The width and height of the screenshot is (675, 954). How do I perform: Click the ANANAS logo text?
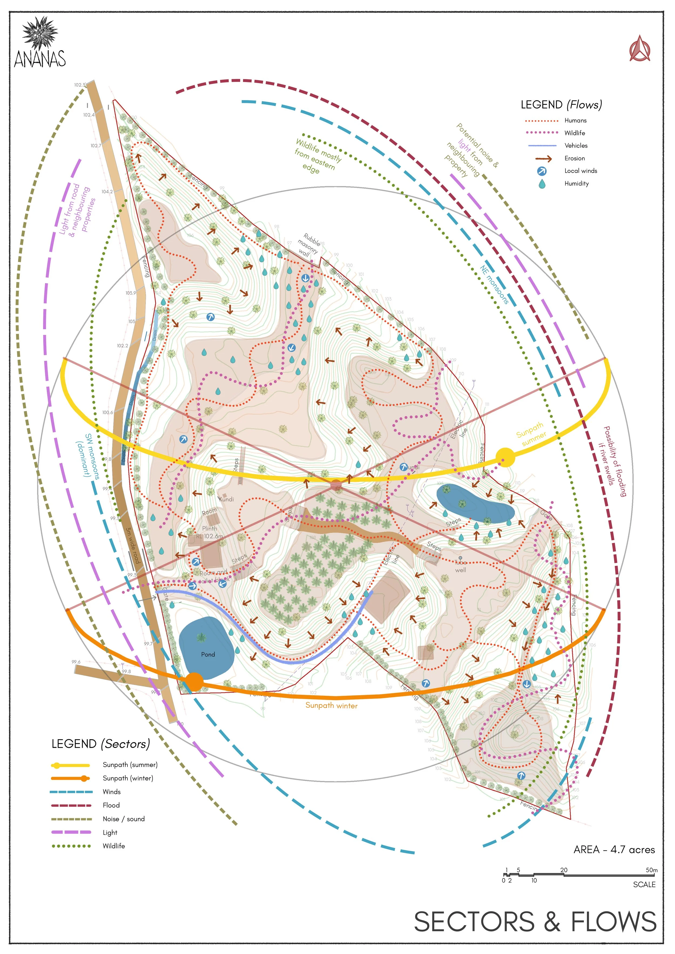click(x=40, y=58)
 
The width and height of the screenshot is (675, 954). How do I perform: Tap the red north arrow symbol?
click(x=640, y=49)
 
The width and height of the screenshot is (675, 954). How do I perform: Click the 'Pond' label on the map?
click(x=208, y=654)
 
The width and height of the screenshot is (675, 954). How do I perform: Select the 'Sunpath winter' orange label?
click(x=331, y=705)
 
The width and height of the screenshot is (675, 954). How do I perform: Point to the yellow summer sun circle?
click(x=505, y=457)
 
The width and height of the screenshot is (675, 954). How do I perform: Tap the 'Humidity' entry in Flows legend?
click(x=576, y=183)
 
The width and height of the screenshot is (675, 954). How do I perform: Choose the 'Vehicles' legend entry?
click(x=576, y=145)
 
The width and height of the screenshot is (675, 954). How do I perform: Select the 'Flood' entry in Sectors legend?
click(x=111, y=805)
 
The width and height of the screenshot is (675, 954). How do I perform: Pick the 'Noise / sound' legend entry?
click(x=123, y=819)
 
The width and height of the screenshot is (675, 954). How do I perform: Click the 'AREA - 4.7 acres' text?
click(x=614, y=850)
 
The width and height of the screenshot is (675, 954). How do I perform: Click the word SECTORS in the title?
click(x=474, y=922)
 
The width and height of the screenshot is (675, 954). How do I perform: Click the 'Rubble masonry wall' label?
click(x=308, y=245)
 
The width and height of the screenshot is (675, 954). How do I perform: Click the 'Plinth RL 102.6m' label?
click(x=210, y=532)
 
